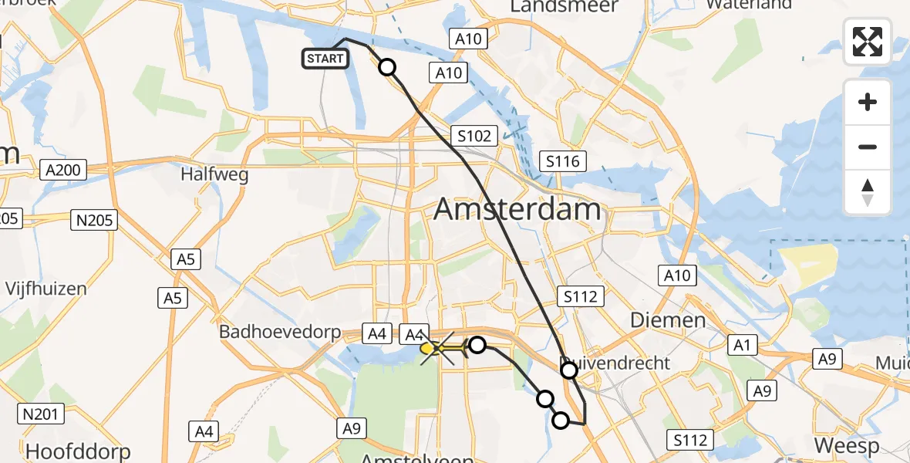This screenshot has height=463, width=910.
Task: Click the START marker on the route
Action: tap(326, 59)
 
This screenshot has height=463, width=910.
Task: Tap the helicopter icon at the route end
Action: tap(441, 350)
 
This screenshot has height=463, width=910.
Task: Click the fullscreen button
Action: tap(868, 42)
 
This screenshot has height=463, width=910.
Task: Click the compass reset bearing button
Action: tap(868, 192)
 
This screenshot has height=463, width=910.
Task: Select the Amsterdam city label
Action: tap(517, 209)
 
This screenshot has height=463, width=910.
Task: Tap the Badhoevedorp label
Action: tap(280, 332)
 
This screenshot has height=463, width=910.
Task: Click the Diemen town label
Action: tap(657, 320)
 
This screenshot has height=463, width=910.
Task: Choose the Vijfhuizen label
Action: tap(46, 289)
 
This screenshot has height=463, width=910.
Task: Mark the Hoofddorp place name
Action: tap(78, 450)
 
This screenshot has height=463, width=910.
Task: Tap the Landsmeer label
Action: tap(565, 7)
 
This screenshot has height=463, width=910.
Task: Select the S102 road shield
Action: tap(474, 137)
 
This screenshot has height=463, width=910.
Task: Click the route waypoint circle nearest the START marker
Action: tap(387, 68)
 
